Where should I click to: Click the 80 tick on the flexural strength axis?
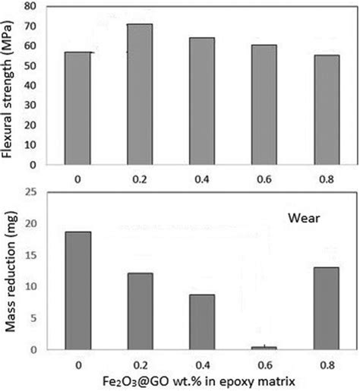coord(30,7)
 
